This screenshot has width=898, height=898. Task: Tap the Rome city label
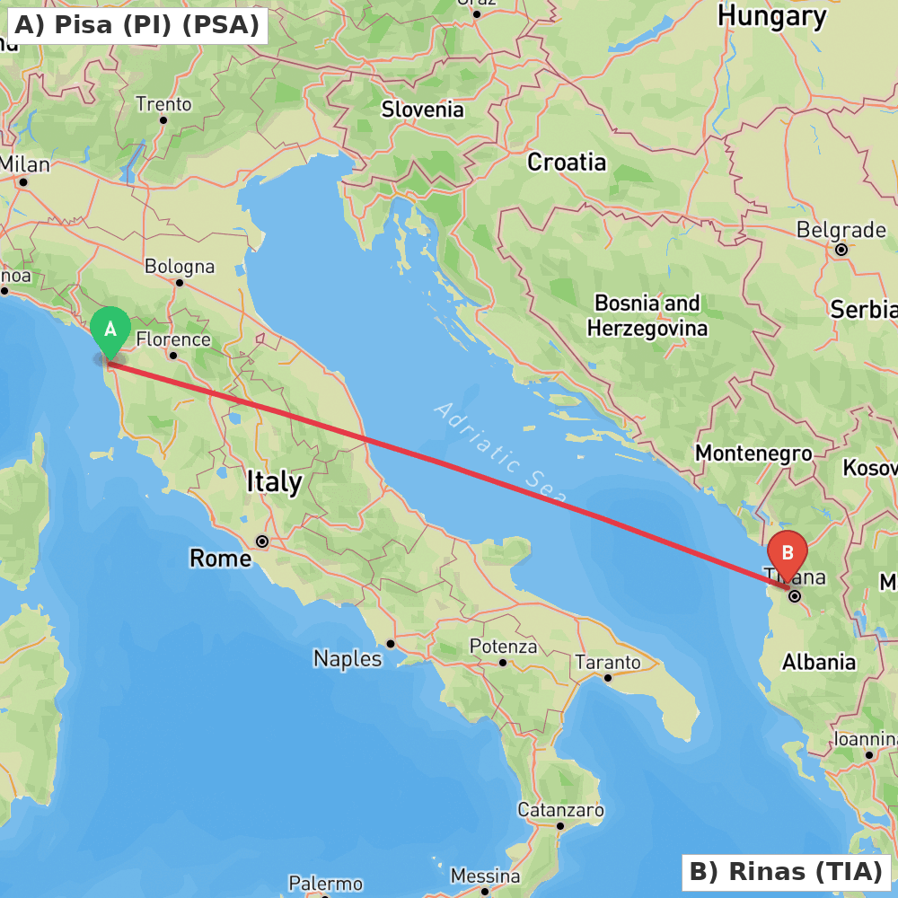pos(220,559)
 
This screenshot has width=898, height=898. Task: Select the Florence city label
pos(173,339)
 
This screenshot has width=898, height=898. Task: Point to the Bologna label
pos(180,267)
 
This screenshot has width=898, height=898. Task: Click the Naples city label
pos(348,658)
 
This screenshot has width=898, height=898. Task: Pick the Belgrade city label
pos(841,230)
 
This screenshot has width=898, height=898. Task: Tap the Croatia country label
pos(567,163)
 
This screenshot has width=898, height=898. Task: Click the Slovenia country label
pos(422,110)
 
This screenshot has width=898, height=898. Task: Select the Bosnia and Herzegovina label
pos(647,315)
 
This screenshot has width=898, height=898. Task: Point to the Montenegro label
pos(753,453)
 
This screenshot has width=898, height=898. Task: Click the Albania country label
pos(818,662)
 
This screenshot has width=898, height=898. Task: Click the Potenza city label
pos(503,647)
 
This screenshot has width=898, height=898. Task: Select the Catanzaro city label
pos(560,810)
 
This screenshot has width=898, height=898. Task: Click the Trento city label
pos(163,104)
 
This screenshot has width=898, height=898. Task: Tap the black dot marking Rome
pos(262,541)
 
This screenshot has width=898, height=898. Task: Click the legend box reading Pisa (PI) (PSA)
pos(136,25)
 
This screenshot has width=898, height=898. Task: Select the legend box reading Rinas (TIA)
pos(786,871)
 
